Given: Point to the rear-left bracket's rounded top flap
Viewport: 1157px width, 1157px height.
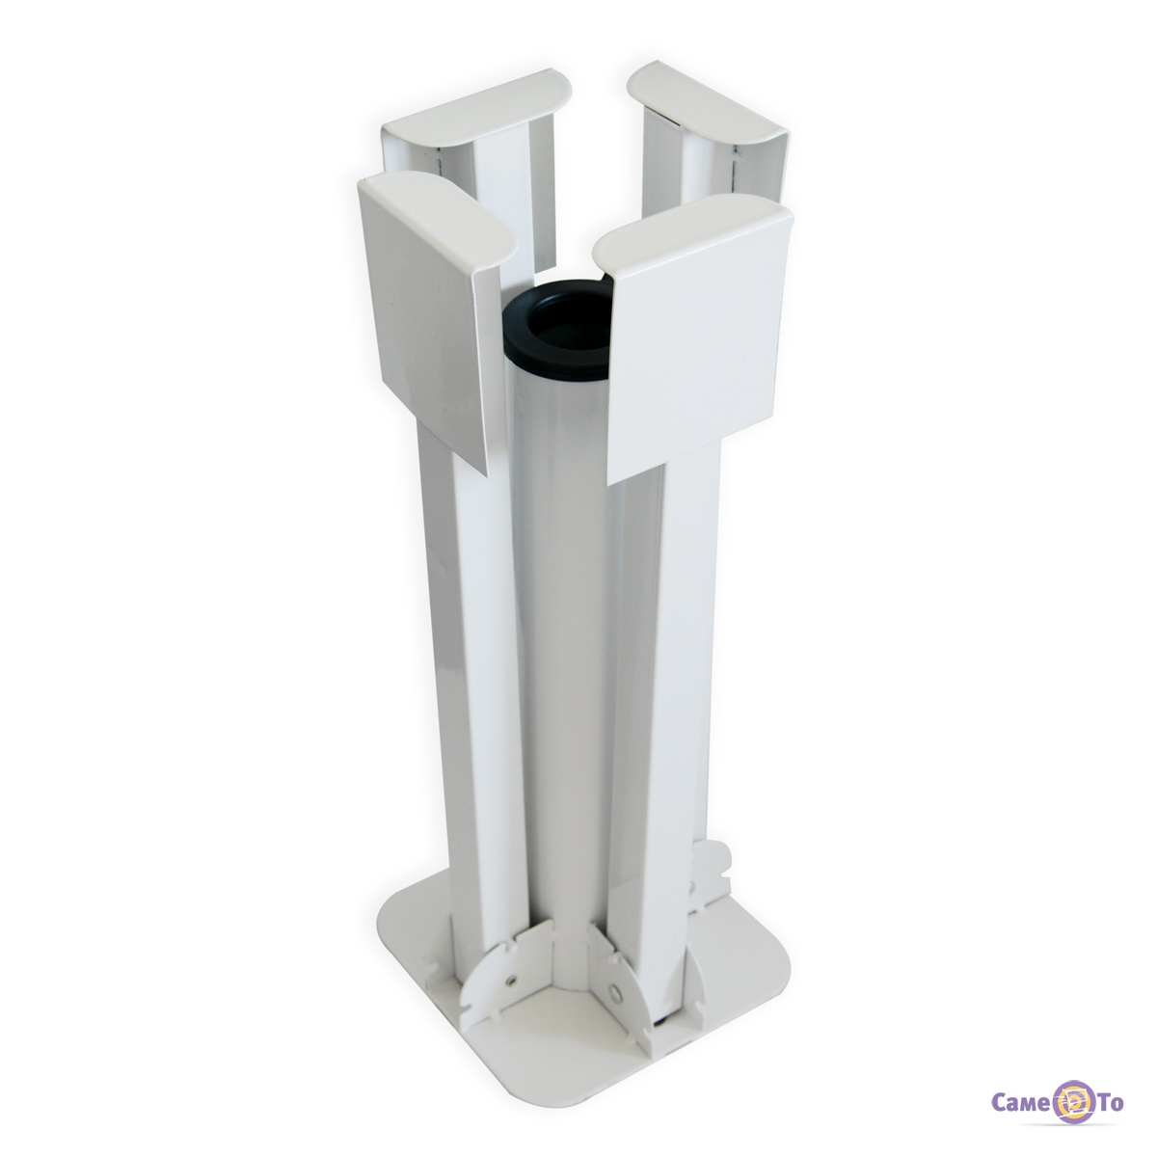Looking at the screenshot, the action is pyautogui.click(x=477, y=103).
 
